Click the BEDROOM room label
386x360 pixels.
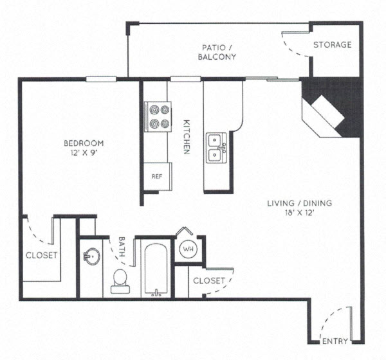[x=83, y=143]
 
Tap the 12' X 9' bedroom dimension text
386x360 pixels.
[x=83, y=153]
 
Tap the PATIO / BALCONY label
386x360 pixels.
[x=219, y=51]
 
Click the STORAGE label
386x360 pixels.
[x=332, y=44]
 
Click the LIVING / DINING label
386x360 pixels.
[x=300, y=204]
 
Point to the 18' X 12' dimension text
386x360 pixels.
[x=300, y=213]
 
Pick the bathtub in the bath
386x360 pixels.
[x=154, y=270]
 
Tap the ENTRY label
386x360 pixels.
[x=335, y=341]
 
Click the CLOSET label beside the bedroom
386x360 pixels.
[x=41, y=255]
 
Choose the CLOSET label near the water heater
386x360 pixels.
[x=209, y=281]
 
